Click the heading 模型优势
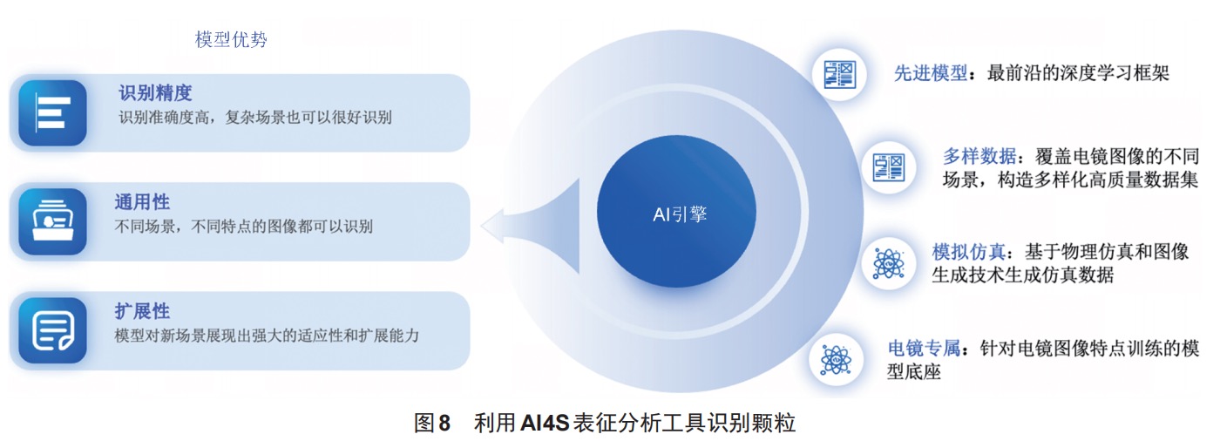click(231, 39)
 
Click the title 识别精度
click(155, 92)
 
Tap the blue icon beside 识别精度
click(52, 112)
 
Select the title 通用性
click(142, 202)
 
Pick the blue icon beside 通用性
click(52, 221)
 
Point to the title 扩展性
click(142, 311)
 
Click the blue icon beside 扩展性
click(52, 330)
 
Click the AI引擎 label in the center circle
click(680, 214)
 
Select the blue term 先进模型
click(931, 72)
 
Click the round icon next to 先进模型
click(839, 74)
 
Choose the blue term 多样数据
click(979, 156)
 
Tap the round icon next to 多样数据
click(888, 167)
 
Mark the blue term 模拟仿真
click(968, 252)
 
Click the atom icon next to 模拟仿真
click(888, 263)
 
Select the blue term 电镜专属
click(924, 348)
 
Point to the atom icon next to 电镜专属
click(836, 360)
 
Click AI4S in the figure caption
click(545, 423)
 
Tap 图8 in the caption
click(432, 423)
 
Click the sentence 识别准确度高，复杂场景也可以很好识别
click(254, 117)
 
